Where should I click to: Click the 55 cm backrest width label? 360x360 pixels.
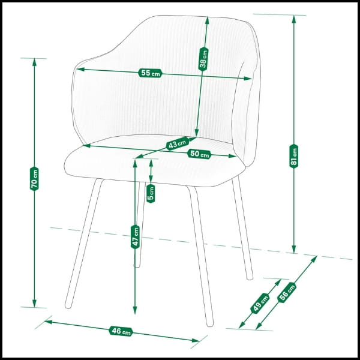[x=150, y=73]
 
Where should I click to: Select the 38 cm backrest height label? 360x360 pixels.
[x=203, y=59]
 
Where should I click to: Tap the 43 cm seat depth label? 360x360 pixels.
[x=177, y=143]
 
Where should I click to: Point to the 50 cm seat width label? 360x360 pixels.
[x=199, y=154]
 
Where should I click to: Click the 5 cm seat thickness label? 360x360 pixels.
[x=151, y=194]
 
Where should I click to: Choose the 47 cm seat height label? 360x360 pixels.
[x=135, y=237]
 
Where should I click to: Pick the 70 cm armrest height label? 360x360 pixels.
[x=34, y=179]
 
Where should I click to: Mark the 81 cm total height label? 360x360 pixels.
[x=293, y=156]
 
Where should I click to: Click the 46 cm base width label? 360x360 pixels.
[x=121, y=331]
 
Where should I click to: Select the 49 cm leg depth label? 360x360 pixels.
[x=260, y=303]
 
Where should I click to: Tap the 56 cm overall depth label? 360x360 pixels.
[x=287, y=292]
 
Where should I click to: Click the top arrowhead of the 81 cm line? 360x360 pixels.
[x=293, y=19]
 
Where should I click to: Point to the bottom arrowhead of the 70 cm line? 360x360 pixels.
[x=34, y=303]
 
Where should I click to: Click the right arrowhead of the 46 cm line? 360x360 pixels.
[x=196, y=340]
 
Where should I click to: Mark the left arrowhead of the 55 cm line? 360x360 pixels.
[x=80, y=69]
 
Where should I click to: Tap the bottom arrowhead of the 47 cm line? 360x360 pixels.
[x=135, y=310]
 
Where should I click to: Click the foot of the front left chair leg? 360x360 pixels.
[x=68, y=305]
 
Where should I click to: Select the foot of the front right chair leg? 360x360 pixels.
[x=210, y=323]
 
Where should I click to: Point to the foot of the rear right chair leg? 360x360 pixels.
[x=250, y=277]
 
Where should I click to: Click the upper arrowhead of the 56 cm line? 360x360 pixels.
[x=314, y=259]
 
